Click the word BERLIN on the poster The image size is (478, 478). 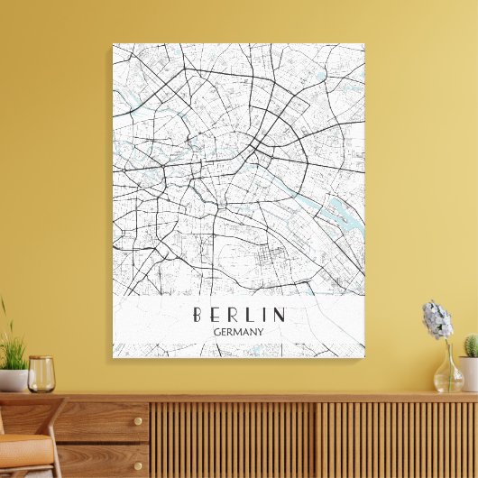pos(238,315)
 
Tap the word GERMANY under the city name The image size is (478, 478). pos(238,333)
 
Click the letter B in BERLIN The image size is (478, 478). pos(197,315)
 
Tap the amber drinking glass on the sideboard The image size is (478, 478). pos(41,373)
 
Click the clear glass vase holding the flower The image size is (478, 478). pos(447,372)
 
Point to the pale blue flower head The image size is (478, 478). pos(437,319)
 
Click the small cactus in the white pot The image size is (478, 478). pos(471,345)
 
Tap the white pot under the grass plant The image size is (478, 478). pos(12,380)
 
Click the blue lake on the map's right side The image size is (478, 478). pos(344,216)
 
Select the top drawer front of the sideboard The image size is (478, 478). pos(99,421)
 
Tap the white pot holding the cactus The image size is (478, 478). pos(469,372)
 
